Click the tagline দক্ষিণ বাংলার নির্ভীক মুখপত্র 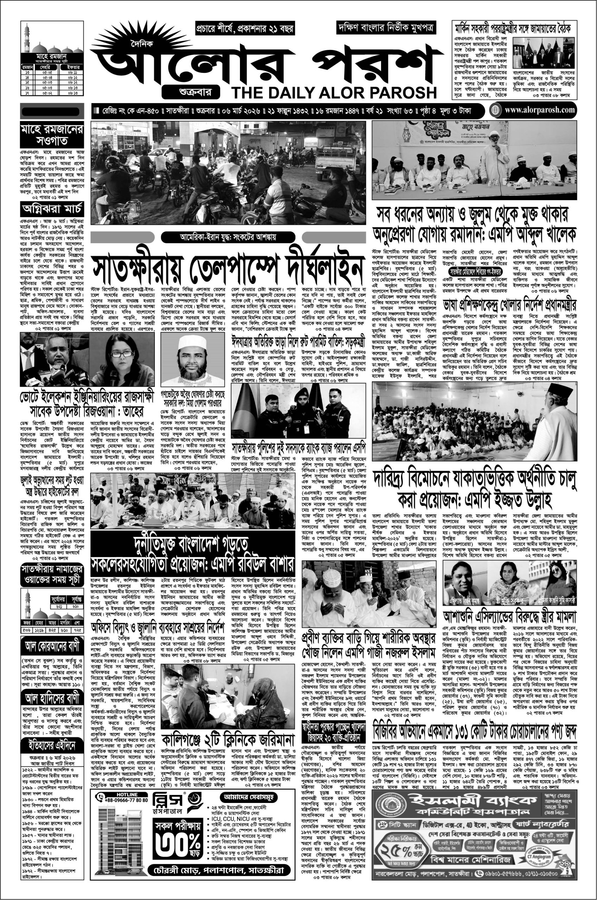(386, 28)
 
